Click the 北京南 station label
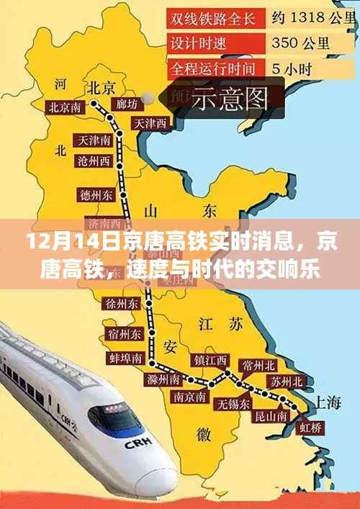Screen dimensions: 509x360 65,107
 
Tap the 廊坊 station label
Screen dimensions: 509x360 126,105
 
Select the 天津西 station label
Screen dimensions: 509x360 150,123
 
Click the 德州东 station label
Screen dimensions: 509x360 95,194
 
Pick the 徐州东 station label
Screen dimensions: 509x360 122,304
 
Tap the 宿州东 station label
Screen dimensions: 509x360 122,335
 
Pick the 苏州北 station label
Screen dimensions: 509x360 286,381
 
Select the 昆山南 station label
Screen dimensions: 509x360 271,416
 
